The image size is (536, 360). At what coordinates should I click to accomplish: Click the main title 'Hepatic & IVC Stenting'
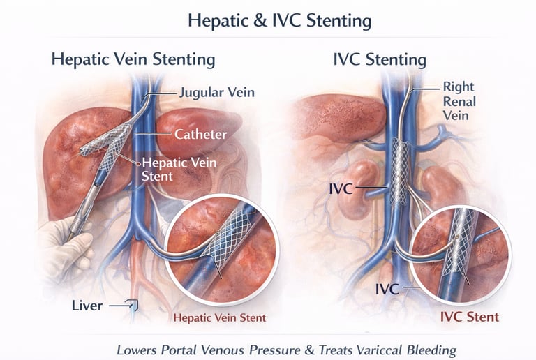[x=278, y=20]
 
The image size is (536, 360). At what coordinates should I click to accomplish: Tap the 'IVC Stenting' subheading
[x=380, y=59]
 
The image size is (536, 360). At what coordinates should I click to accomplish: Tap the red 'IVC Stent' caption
[x=469, y=317]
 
